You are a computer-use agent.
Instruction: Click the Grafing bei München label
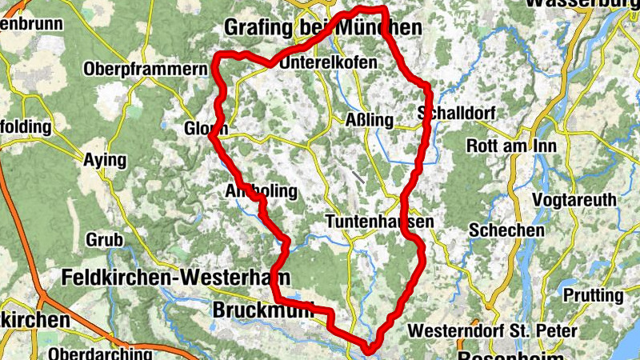coord(322,28)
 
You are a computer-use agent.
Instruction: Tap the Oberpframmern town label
coord(145,70)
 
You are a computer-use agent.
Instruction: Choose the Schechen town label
coord(507,230)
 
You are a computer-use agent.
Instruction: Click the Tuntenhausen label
coord(380,222)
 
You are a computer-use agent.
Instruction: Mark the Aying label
coord(105,160)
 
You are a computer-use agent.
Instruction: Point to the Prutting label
coord(593,295)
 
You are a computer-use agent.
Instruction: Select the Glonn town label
coord(206,129)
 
